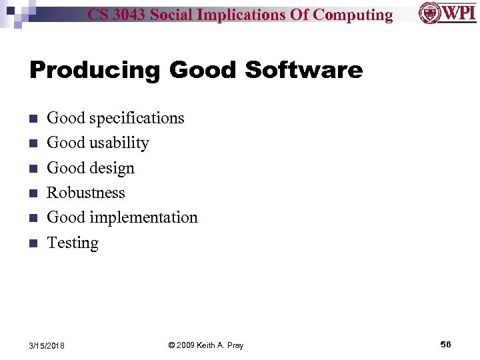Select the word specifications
click(x=136, y=118)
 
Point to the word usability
click(x=119, y=143)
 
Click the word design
click(x=112, y=168)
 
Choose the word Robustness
click(x=86, y=193)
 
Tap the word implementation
click(x=144, y=217)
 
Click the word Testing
click(x=73, y=243)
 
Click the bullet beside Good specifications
click(x=33, y=119)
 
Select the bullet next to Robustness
click(x=33, y=193)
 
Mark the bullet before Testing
click(x=33, y=243)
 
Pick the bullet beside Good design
click(x=33, y=169)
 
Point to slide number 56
click(x=445, y=344)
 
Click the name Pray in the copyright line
click(x=235, y=345)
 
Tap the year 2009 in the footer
click(x=188, y=345)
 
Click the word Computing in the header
click(x=353, y=15)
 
